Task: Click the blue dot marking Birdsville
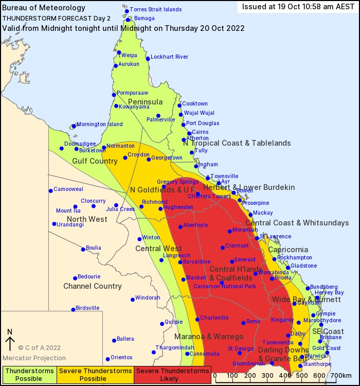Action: click(73, 310)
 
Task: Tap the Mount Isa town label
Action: click(68, 210)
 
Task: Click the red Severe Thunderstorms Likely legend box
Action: click(172, 374)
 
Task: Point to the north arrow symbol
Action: click(10, 341)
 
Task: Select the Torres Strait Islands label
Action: click(156, 9)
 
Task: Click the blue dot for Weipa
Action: click(119, 52)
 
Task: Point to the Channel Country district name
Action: click(93, 286)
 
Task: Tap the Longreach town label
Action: click(176, 255)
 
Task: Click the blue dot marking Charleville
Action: click(197, 319)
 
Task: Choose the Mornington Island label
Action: click(100, 124)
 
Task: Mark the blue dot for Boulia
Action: click(83, 250)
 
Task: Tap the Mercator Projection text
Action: click(34, 358)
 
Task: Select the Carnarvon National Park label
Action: click(224, 286)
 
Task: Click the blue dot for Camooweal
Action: click(50, 191)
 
